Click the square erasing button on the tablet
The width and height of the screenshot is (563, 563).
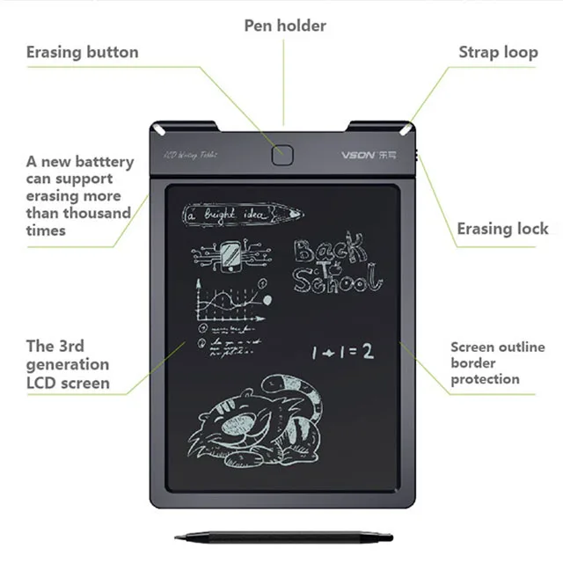(281, 155)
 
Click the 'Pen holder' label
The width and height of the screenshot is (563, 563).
(285, 26)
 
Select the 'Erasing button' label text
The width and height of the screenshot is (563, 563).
(82, 52)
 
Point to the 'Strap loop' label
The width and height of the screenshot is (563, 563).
(498, 52)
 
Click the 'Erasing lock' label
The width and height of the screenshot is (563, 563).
(502, 229)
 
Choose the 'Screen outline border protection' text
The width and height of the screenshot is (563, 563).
(486, 363)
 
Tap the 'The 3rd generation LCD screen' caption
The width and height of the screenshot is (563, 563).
(68, 364)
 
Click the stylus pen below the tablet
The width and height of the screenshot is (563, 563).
(281, 536)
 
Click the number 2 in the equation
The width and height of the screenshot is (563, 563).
(368, 352)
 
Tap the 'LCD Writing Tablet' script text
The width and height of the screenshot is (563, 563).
(191, 155)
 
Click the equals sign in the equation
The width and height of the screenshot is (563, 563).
(347, 352)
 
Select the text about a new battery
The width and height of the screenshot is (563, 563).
(79, 196)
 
